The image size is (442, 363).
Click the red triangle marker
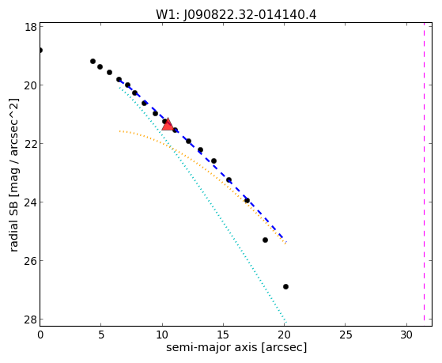168,124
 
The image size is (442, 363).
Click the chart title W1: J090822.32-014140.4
236,14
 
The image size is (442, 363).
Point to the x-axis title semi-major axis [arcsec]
236,347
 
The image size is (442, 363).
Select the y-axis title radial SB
14,222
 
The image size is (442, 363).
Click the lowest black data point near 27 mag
285,286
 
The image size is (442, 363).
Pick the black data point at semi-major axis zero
40,50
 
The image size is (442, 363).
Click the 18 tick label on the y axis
30,27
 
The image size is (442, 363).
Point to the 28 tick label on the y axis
30,320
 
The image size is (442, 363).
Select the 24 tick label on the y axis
30,202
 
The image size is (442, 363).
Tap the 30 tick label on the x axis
406,335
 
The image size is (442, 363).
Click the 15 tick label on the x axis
223,335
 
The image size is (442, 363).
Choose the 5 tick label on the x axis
101,335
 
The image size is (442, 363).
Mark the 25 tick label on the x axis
346,335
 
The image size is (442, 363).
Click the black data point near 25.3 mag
265,240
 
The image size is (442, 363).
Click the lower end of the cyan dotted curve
286,323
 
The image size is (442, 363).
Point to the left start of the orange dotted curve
120,130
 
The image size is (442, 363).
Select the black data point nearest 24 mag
247,201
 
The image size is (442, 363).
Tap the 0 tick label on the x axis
40,335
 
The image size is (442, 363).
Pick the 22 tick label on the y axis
30,144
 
